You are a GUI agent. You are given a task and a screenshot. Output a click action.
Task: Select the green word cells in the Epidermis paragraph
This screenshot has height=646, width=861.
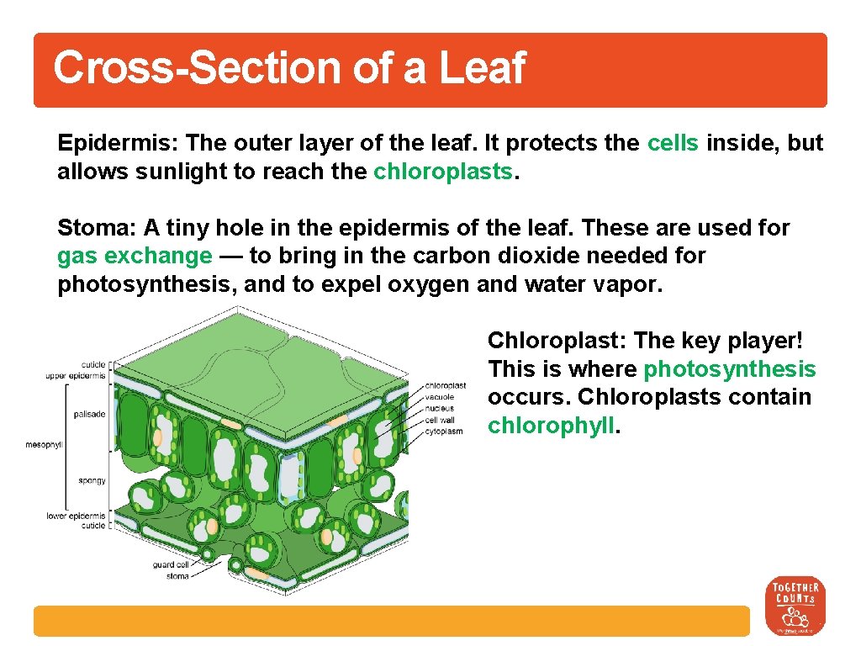673,143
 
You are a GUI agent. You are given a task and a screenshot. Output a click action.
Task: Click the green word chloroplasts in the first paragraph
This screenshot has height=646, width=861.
442,172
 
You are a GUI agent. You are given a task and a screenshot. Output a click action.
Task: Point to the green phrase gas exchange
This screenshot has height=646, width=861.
135,256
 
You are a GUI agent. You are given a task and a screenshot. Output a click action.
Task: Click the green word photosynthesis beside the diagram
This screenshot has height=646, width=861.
730,369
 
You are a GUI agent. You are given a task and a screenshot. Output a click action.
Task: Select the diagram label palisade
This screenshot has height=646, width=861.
90,414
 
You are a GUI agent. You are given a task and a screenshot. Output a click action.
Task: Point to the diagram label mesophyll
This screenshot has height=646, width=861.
43,445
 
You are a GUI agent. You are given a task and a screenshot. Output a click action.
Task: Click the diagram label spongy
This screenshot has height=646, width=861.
92,481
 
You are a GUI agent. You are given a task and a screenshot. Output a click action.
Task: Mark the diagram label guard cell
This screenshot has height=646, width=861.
171,565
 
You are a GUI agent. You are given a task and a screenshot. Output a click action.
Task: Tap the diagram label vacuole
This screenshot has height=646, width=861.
440,397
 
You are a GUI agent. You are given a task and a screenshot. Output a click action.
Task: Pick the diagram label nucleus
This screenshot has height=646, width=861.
440,408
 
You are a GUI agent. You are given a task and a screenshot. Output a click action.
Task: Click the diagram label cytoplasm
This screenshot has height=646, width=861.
444,432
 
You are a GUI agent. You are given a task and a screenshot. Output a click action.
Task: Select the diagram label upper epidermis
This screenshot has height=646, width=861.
76,376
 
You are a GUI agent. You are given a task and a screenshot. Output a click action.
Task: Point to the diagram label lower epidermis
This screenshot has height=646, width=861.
76,516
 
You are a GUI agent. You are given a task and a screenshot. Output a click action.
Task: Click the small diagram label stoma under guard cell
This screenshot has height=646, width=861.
177,576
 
